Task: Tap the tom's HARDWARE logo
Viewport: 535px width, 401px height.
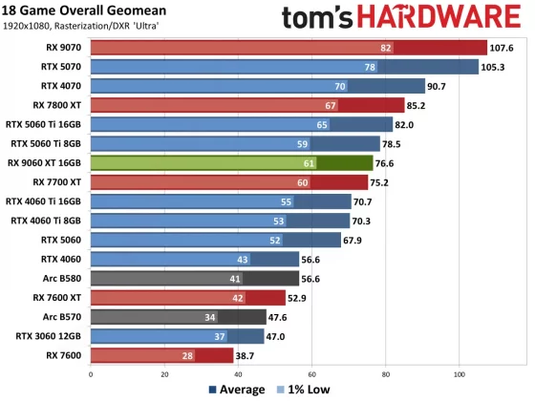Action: point(404,17)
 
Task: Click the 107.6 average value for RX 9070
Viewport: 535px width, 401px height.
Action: point(503,47)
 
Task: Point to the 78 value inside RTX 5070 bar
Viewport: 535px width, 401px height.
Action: point(369,67)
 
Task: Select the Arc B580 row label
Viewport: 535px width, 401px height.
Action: point(63,279)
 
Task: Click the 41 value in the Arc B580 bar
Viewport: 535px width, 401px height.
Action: point(235,279)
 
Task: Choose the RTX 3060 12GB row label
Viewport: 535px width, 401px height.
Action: point(49,336)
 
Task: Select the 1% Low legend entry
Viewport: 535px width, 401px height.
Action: point(304,390)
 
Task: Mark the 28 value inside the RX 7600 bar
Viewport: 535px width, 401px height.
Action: point(187,355)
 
